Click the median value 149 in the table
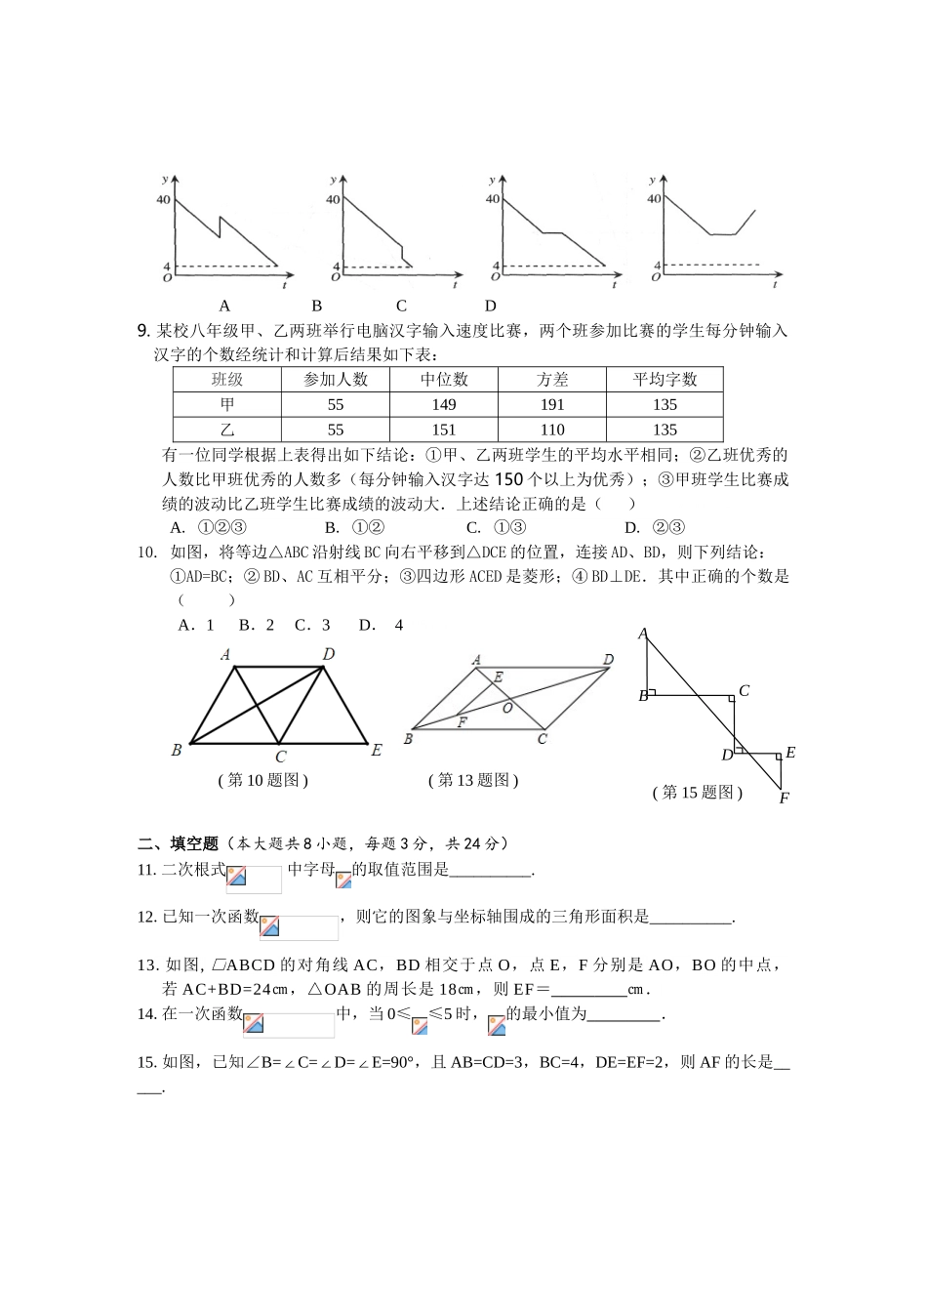[444, 405]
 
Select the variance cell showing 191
[552, 405]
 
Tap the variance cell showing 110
[552, 430]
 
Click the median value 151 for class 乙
[444, 430]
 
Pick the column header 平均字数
[665, 380]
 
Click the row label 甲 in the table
[227, 405]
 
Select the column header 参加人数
[336, 380]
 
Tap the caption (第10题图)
[263, 780]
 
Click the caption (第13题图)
[473, 780]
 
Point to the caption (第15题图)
[698, 793]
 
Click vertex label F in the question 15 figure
[784, 799]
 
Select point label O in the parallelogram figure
[507, 708]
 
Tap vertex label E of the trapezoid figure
[377, 750]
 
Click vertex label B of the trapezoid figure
[177, 750]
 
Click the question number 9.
[142, 331]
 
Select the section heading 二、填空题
[179, 843]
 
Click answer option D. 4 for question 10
[381, 625]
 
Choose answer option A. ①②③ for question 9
[208, 527]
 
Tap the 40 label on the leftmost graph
[163, 200]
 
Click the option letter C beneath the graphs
[401, 306]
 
